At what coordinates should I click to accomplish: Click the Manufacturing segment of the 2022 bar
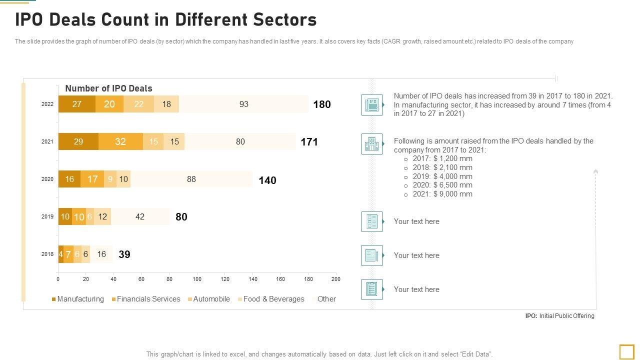(76, 104)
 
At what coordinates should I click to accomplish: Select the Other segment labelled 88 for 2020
(191, 179)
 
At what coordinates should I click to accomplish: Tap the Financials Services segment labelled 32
(120, 141)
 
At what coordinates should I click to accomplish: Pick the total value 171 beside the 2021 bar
(309, 142)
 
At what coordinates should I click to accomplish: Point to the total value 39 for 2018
(124, 254)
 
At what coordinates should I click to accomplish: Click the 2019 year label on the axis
(47, 216)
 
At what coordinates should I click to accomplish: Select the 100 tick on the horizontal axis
(197, 279)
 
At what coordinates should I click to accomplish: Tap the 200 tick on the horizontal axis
(336, 279)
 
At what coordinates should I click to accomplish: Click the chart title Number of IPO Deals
(109, 88)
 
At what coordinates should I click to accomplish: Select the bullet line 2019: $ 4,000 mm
(442, 176)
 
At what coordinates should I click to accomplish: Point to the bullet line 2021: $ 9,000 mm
(442, 194)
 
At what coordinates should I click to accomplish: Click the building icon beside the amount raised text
(372, 144)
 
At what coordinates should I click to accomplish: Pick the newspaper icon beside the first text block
(372, 105)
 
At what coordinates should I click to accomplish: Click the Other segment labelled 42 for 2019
(140, 216)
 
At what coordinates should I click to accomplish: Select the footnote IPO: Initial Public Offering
(559, 316)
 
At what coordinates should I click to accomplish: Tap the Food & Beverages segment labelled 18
(166, 104)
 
